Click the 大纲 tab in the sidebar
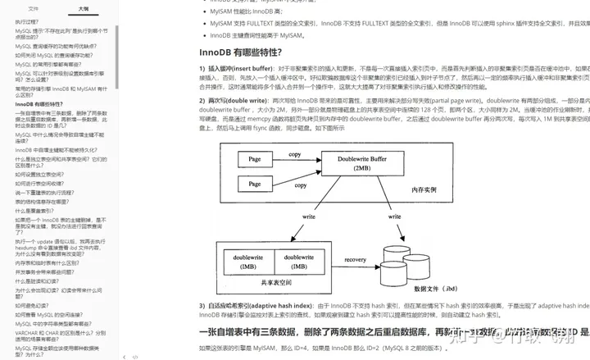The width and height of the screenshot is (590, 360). click(83, 7)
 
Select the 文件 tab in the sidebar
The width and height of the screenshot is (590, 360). click(34, 7)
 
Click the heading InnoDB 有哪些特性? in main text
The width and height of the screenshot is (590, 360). click(246, 53)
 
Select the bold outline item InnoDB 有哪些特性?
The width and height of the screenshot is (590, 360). click(39, 105)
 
